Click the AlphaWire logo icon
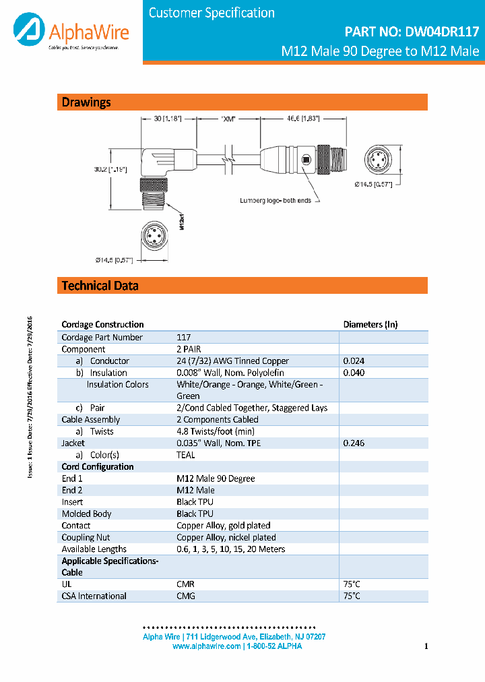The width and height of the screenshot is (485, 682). [28, 32]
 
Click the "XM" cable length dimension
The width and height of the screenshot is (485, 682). [230, 119]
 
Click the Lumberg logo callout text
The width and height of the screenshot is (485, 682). [276, 201]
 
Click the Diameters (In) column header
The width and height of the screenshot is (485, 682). [370, 324]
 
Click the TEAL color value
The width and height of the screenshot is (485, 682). [186, 455]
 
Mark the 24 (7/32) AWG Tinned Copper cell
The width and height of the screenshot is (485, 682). [232, 361]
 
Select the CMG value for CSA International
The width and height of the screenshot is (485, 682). [186, 596]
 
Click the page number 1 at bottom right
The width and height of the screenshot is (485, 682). [426, 647]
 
